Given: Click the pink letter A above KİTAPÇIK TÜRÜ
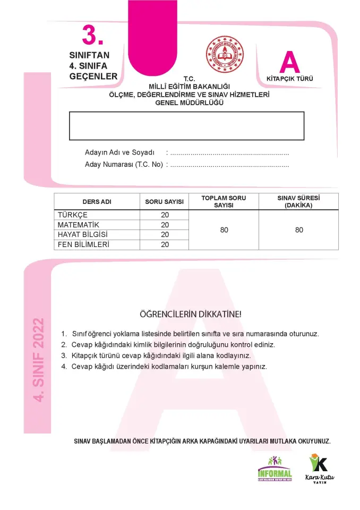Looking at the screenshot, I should click(289, 63).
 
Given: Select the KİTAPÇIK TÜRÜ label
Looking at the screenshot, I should click(289, 79).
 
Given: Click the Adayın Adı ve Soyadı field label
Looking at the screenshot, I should click(119, 152).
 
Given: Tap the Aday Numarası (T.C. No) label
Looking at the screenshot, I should click(124, 164).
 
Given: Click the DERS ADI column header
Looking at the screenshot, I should click(97, 202).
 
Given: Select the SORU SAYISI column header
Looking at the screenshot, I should click(165, 202).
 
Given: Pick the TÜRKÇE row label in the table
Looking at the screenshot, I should click(72, 215).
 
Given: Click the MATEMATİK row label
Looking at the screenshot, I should click(78, 225).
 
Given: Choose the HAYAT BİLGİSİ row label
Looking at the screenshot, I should click(83, 234).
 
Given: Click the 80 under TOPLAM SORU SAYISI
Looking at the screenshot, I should click(224, 230).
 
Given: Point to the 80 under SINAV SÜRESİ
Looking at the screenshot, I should click(299, 230).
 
